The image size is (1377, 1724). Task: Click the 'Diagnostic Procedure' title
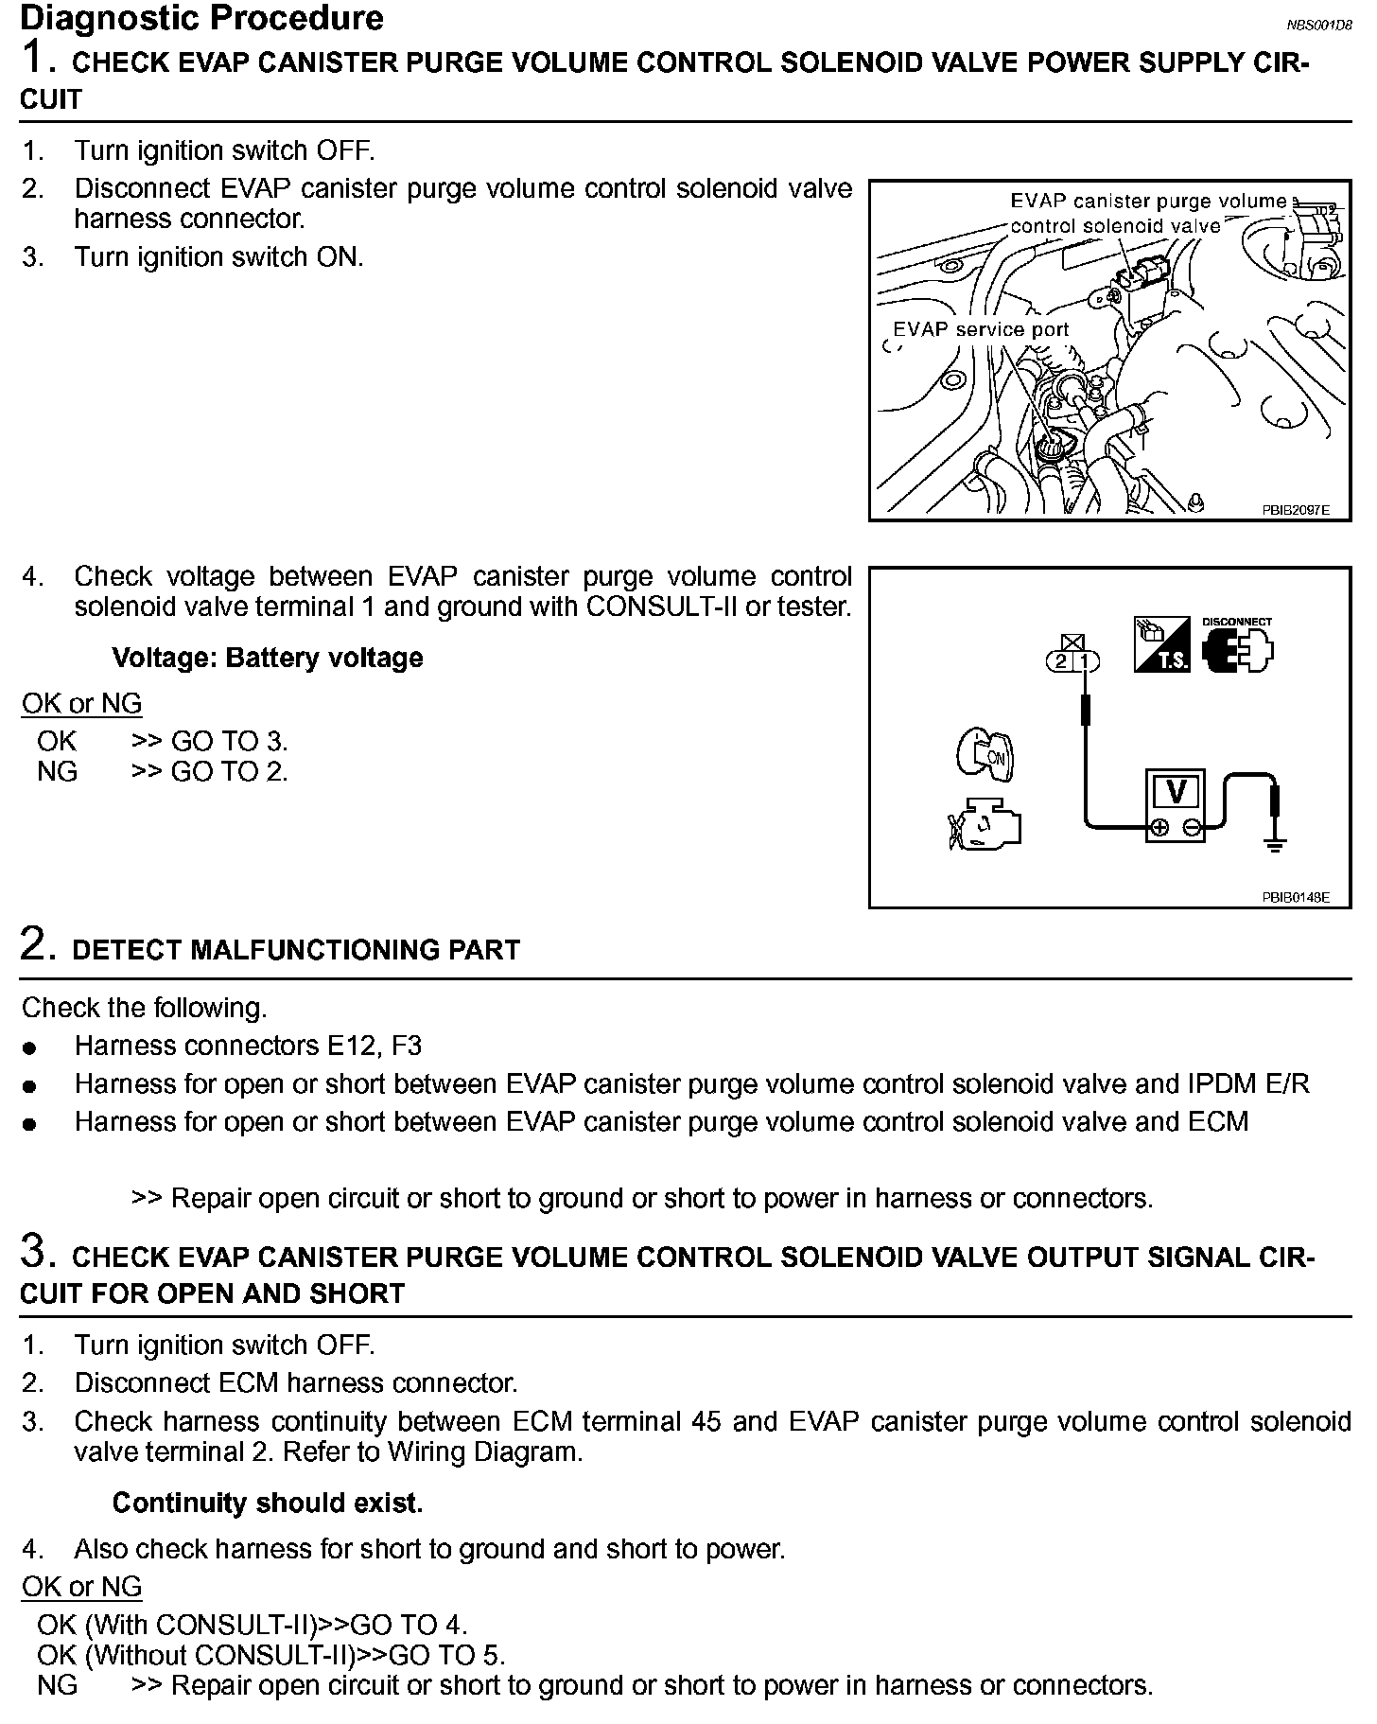coord(201,18)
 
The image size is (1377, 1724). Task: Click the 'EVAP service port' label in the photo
coord(981,329)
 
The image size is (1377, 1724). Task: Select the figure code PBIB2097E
coord(1295,510)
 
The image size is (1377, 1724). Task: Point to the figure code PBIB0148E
coord(1295,897)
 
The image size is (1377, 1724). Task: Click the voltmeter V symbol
coord(1176,792)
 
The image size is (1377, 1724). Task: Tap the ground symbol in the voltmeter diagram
coord(1275,844)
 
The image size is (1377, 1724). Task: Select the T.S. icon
coord(1161,645)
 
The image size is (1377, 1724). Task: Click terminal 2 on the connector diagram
coord(1061,661)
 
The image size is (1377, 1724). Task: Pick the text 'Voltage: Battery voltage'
coord(267,658)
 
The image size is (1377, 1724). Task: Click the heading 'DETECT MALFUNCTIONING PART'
coord(295,950)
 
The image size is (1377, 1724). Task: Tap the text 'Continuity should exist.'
coord(267,1503)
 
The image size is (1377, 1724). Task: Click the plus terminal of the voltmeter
coord(1158,829)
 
